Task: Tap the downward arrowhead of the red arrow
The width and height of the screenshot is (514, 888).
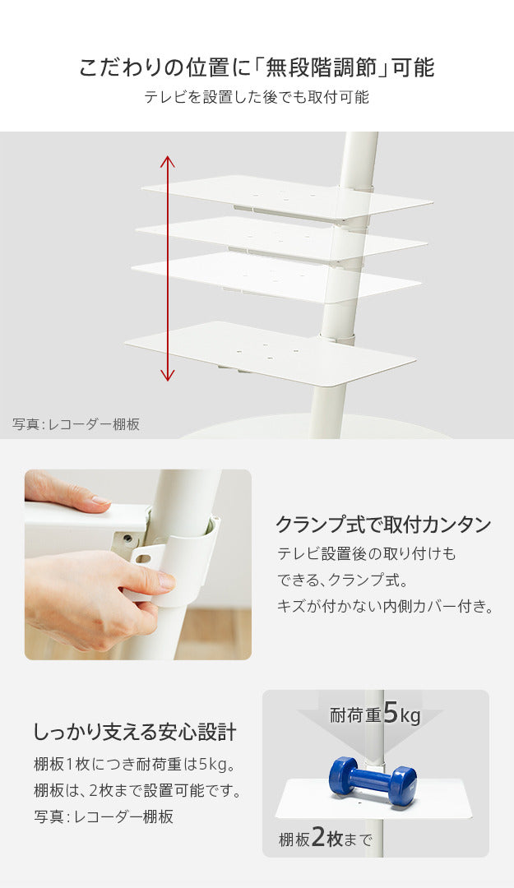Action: click(167, 375)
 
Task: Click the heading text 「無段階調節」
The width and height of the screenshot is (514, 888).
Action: click(322, 68)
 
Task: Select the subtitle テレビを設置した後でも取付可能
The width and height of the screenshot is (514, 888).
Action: click(257, 97)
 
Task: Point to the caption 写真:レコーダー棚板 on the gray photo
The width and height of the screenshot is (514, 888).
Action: click(76, 424)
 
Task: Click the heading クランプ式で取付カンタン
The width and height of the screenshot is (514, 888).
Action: click(384, 525)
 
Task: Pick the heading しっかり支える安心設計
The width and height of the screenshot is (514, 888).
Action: click(135, 732)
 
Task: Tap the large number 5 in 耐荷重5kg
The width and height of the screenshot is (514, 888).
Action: click(391, 712)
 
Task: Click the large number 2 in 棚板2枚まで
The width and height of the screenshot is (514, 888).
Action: click(318, 838)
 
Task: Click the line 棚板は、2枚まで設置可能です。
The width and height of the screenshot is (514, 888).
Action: click(137, 790)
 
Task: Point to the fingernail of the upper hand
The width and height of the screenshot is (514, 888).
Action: click(101, 501)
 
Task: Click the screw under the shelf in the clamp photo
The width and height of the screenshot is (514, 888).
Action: click(128, 537)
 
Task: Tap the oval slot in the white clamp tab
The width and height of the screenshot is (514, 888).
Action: click(143, 559)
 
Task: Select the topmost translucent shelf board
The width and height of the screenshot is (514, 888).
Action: click(287, 197)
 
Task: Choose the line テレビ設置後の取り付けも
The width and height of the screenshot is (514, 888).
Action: click(366, 553)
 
